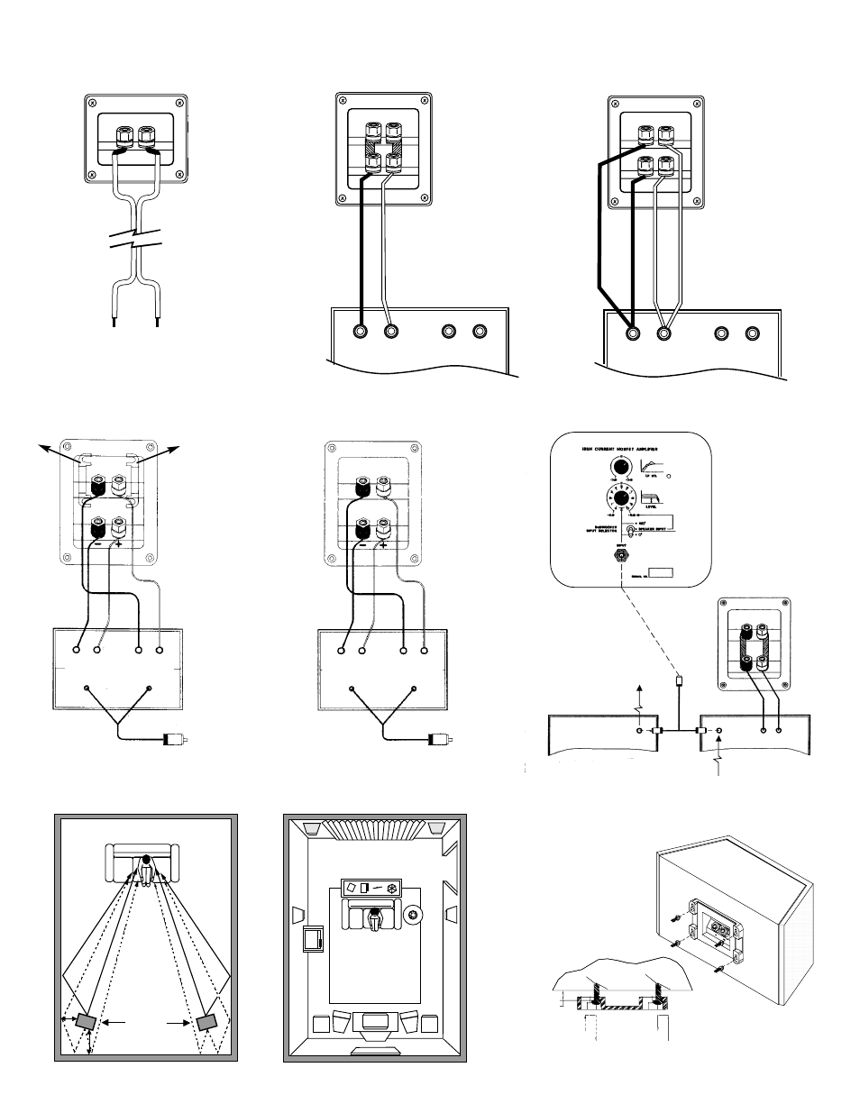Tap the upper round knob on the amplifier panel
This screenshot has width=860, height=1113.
tap(621, 466)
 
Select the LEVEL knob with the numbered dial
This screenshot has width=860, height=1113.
tap(621, 499)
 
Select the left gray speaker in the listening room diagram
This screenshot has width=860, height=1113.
tap(87, 1022)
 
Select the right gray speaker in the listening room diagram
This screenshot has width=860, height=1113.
tap(206, 1022)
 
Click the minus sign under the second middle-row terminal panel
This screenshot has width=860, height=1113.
tap(361, 543)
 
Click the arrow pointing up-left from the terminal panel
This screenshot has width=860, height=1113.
tap(43, 447)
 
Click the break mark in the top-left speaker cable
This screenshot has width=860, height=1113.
tap(135, 242)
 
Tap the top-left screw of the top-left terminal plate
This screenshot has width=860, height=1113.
tap(91, 104)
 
